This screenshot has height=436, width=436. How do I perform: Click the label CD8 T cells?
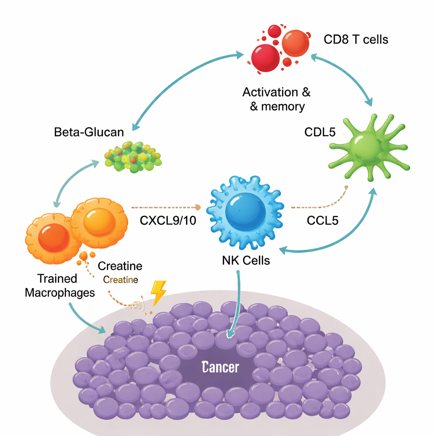coord(356,40)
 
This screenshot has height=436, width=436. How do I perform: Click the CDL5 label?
coord(320,132)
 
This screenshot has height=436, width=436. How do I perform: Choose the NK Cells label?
coord(246,260)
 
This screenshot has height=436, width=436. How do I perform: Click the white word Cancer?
coord(221,367)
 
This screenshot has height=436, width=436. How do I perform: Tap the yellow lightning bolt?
coord(158,293)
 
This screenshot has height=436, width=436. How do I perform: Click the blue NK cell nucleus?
coord(245,211)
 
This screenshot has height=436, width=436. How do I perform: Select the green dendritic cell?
coord(367,147)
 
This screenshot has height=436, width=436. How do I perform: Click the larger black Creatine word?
coord(120,267)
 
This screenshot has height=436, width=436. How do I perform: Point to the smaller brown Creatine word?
coord(120,280)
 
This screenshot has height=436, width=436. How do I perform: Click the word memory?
coord(283,106)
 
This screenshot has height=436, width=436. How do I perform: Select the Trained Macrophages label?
coord(60,286)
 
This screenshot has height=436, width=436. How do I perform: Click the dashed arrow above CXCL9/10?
coord(166,207)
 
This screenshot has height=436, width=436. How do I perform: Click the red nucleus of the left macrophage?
coord(54,238)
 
